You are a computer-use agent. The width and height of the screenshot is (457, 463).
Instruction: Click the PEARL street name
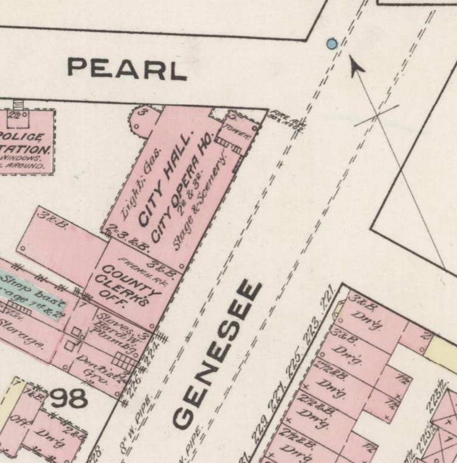coord(126,68)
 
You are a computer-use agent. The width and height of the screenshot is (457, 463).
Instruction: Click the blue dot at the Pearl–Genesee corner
coord(331,44)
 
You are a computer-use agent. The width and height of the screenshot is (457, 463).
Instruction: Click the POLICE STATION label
coord(24,143)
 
